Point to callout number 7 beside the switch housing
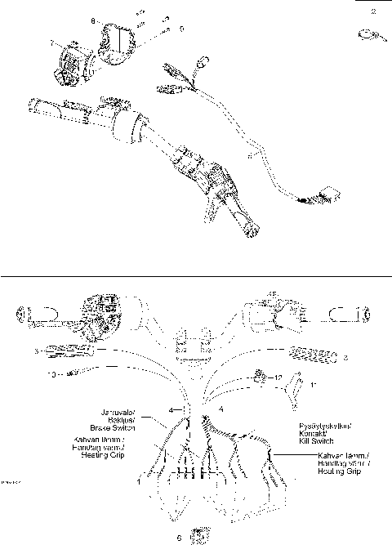(x=52, y=41)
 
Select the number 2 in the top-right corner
(x=374, y=11)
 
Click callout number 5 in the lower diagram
(x=37, y=351)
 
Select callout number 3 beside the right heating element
(x=345, y=357)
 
